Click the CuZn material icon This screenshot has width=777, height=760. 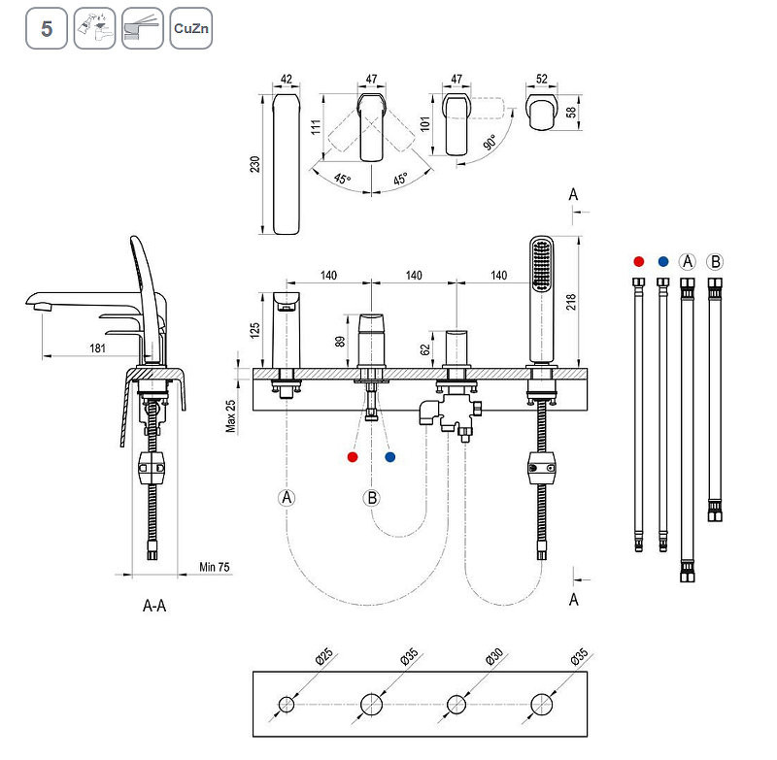coord(189,28)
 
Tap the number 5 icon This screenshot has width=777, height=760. coord(46,28)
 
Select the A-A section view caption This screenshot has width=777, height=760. coord(154,607)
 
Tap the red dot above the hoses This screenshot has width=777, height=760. coord(638,261)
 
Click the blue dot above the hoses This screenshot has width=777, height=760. coord(662,261)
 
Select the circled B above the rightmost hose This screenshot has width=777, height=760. coord(716,261)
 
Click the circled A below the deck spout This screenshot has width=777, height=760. coord(287,498)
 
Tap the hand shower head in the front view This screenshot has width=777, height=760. coord(540,263)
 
